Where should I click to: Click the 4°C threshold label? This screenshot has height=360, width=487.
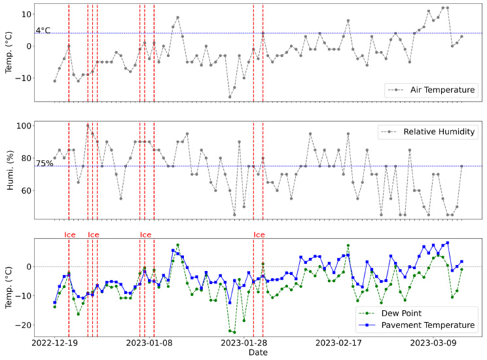pyautogui.click(x=43, y=29)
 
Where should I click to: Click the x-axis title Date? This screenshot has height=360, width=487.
pyautogui.click(x=257, y=353)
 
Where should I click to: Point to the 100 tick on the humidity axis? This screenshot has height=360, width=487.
pyautogui.click(x=25, y=126)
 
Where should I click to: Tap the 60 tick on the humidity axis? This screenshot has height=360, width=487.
pyautogui.click(x=27, y=190)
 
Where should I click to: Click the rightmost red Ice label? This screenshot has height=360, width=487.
pyautogui.click(x=259, y=234)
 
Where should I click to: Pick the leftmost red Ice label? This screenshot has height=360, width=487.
pyautogui.click(x=70, y=234)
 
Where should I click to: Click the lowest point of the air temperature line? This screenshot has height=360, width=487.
pyautogui.click(x=230, y=97)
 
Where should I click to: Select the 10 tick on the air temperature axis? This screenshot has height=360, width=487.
pyautogui.click(x=27, y=14)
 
